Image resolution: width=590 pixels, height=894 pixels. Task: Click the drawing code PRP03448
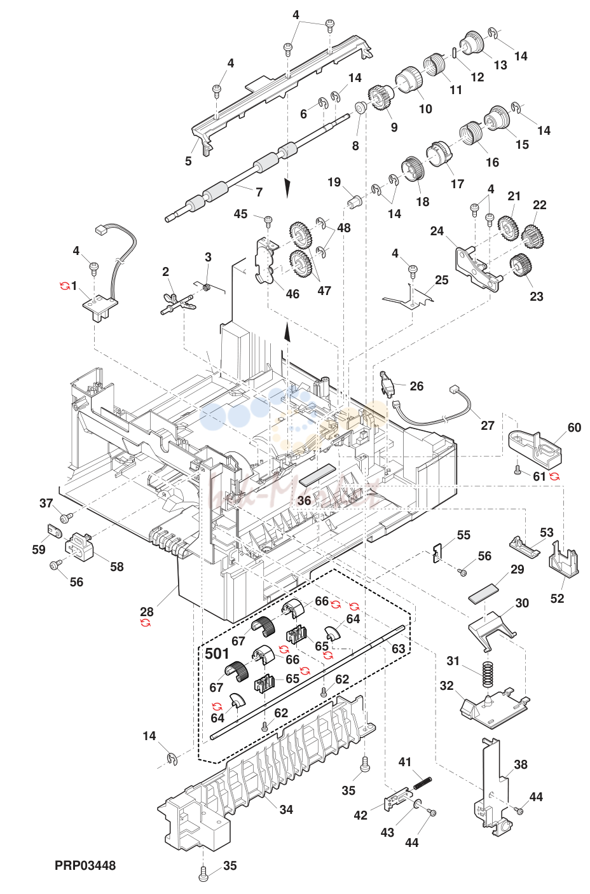(x=85, y=865)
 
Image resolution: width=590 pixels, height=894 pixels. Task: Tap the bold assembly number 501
(x=217, y=654)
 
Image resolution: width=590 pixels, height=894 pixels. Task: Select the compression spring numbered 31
(x=486, y=675)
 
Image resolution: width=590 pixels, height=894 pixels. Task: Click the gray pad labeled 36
(x=317, y=475)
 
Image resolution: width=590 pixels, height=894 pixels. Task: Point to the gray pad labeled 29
(x=483, y=595)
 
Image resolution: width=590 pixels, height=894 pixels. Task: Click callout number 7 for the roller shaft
(x=259, y=192)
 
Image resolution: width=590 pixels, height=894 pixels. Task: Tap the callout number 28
(x=147, y=612)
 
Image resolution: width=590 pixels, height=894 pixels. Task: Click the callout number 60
(x=575, y=427)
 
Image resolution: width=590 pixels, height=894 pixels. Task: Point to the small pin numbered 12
(x=455, y=53)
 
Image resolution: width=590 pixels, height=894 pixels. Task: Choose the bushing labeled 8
(x=360, y=107)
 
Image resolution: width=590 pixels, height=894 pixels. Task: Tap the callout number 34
(x=286, y=809)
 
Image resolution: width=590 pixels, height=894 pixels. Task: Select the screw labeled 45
(x=268, y=220)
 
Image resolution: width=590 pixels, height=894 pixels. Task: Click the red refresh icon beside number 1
(x=64, y=285)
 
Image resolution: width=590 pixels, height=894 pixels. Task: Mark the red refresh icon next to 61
(x=554, y=476)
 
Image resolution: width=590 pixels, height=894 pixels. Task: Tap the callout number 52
(x=557, y=598)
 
